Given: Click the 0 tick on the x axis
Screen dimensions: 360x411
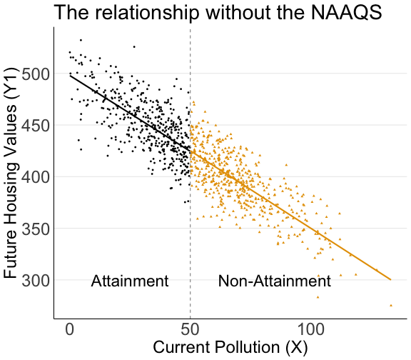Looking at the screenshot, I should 70,331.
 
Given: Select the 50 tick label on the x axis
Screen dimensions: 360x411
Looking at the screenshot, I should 191,331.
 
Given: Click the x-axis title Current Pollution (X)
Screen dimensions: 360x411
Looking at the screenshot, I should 230,349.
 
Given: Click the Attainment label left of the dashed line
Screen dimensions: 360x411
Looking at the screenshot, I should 130,281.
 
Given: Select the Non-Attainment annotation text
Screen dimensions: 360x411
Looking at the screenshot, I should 274,281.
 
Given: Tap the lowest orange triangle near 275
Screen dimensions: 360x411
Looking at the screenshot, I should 391,305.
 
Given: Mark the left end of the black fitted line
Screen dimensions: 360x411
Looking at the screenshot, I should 70,74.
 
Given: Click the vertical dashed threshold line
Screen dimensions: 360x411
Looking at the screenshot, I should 191,214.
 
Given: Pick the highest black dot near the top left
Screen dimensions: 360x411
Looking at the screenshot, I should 81,40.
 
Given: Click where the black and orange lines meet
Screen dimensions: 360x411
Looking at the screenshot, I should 191,151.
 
